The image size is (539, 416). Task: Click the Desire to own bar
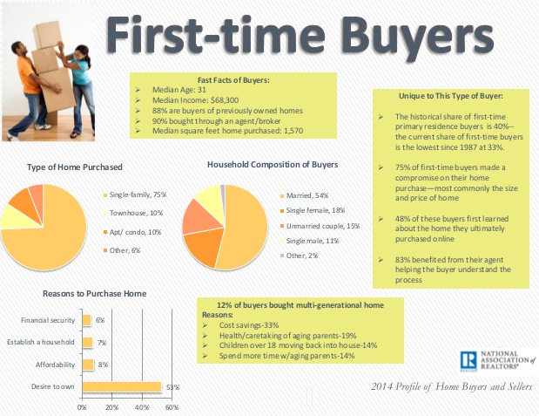(x=122, y=386)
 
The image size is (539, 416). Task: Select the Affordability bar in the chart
(x=88, y=365)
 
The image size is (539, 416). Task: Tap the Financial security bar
(x=86, y=320)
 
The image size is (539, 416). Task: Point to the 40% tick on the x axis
(x=142, y=407)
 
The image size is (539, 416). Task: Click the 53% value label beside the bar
(x=173, y=387)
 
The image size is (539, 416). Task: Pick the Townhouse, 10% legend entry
(x=133, y=213)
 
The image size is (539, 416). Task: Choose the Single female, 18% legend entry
(x=313, y=210)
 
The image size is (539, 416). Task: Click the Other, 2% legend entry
(x=300, y=256)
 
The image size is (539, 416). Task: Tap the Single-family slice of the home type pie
(x=48, y=241)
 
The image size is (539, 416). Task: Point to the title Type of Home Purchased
(x=75, y=167)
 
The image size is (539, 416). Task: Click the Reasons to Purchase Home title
(x=95, y=293)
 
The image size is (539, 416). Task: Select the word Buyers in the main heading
(x=417, y=36)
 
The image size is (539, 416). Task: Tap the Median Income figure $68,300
(x=225, y=100)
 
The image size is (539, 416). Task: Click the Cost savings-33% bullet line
(x=249, y=325)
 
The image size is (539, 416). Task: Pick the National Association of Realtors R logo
(x=468, y=361)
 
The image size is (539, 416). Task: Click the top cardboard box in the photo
(x=47, y=34)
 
